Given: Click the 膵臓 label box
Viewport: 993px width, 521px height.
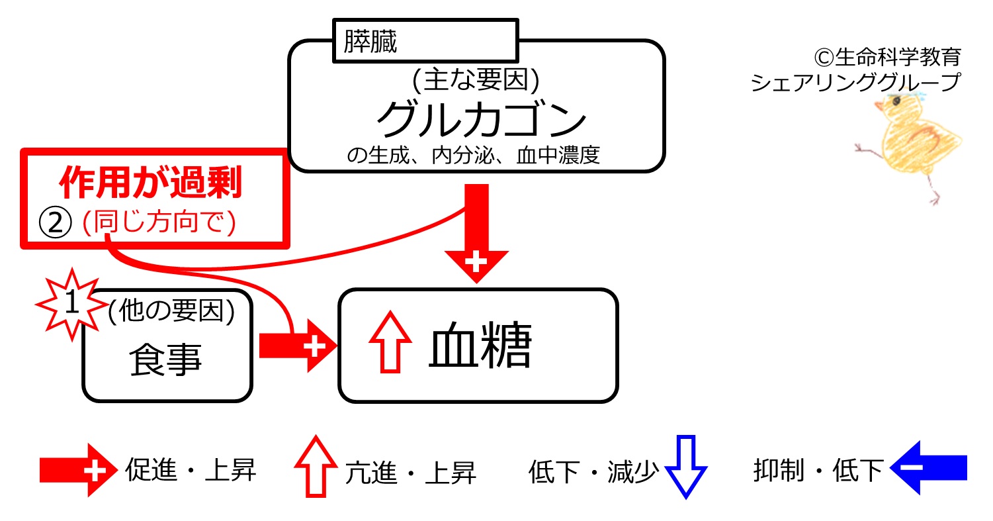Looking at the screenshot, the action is [x=425, y=41].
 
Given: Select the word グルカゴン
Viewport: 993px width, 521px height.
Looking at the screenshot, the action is [x=481, y=118].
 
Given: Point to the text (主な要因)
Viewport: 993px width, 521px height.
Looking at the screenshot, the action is [x=476, y=80].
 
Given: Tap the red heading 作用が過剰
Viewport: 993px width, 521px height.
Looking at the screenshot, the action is [x=151, y=182].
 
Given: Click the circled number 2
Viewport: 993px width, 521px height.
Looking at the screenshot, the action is [x=55, y=222].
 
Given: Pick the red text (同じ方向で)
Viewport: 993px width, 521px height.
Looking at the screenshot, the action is [x=159, y=222].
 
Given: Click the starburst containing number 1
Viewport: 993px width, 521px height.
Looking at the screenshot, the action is [x=71, y=305].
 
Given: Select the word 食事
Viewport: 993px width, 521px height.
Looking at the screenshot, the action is [x=165, y=359].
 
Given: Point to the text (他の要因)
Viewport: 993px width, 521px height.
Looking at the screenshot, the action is [x=171, y=310].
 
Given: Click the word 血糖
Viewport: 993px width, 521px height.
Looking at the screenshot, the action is [x=480, y=346].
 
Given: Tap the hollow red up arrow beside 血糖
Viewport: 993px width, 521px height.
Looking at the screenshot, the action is [x=390, y=342].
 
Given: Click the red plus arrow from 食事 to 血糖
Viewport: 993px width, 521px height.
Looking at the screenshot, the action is [x=298, y=346].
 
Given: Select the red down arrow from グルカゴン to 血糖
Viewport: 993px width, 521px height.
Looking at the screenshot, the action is [x=476, y=234].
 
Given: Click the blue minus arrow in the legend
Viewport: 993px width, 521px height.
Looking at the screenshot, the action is [x=928, y=468].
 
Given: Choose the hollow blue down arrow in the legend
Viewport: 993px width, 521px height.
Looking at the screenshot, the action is [x=686, y=467].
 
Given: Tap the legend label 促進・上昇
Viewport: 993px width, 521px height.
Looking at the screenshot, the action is [x=191, y=470].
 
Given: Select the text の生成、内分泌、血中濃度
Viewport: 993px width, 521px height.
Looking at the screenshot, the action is [x=474, y=156].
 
